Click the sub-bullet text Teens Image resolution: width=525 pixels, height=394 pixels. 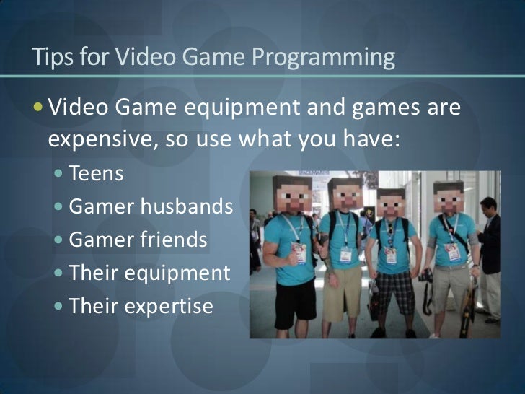coord(96,175)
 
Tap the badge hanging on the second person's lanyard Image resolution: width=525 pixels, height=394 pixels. coord(345,255)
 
